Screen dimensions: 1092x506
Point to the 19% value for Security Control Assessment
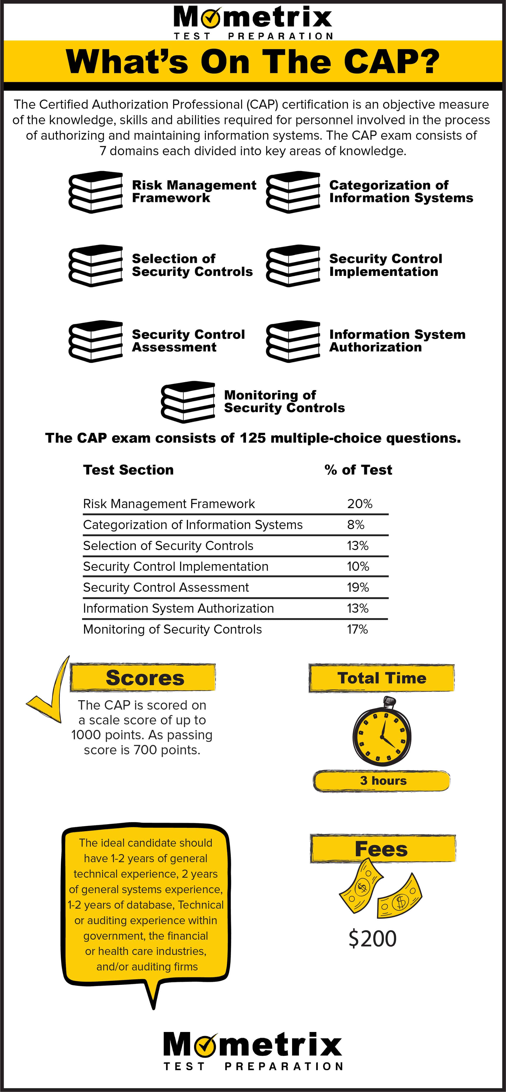tap(358, 588)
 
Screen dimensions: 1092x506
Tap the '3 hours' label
tap(383, 781)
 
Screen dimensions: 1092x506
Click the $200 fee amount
tap(372, 939)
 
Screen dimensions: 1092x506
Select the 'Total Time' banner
tap(381, 678)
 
